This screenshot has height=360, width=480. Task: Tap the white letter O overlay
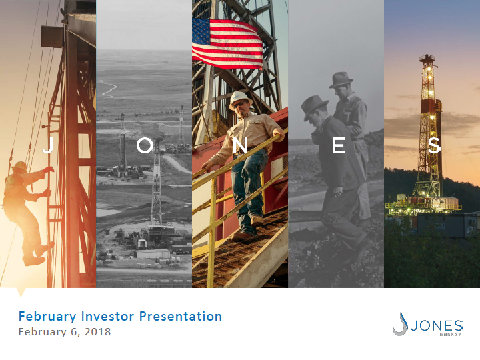click(x=145, y=145)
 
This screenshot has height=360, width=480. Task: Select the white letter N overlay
click(x=240, y=145)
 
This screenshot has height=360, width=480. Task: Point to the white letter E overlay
click(x=339, y=145)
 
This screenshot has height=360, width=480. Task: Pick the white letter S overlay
click(x=434, y=145)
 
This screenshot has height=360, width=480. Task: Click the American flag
click(x=227, y=44)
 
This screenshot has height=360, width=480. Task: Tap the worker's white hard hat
click(x=240, y=99)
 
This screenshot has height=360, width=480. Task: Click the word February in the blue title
click(x=47, y=317)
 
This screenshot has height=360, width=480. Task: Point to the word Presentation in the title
click(x=181, y=316)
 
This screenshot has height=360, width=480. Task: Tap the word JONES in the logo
click(x=437, y=326)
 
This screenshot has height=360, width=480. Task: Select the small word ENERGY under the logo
click(x=451, y=334)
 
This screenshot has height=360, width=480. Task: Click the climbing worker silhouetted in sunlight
click(x=26, y=212)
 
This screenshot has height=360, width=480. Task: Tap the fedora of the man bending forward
click(x=315, y=107)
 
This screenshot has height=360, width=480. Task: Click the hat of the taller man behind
click(x=341, y=79)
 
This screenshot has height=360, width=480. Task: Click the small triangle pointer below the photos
click(x=21, y=292)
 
